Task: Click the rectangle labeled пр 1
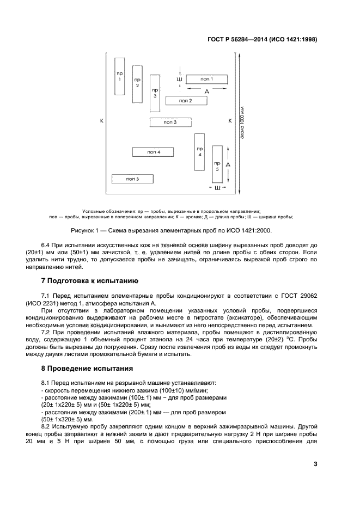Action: tap(120, 76)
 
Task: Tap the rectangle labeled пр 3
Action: tap(155, 93)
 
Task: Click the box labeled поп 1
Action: tap(206, 79)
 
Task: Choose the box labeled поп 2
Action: tap(186, 101)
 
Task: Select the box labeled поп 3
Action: tap(170, 122)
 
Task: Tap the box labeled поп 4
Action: tap(153, 152)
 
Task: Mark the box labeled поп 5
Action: tap(132, 179)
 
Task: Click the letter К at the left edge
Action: tap(101, 120)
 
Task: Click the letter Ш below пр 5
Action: tap(217, 188)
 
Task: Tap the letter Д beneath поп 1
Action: tap(206, 92)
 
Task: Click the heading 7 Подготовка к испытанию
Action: tap(90, 281)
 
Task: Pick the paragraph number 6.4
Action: tap(46, 246)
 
